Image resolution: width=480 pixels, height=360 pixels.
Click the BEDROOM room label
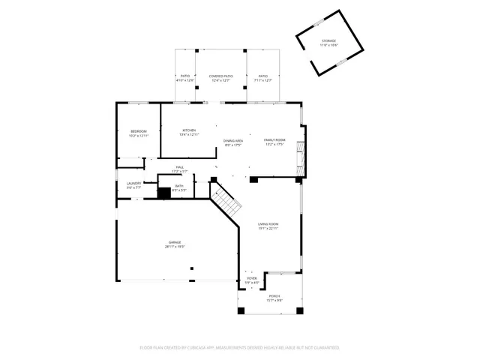[x=139, y=131]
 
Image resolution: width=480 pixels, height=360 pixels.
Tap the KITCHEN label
[x=189, y=130]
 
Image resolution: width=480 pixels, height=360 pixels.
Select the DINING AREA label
[x=233, y=140]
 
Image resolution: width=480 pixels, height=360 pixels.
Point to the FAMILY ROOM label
[x=274, y=139]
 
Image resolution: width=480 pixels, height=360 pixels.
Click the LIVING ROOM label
[x=268, y=224]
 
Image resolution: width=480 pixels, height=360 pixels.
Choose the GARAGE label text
[x=175, y=242]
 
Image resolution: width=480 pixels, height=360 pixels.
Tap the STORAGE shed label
[x=328, y=41]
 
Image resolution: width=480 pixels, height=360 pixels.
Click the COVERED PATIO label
[x=220, y=76]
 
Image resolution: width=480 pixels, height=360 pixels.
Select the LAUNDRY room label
[x=134, y=183]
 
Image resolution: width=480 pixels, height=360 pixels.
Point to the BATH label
[x=179, y=186]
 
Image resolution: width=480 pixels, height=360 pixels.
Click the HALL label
[x=180, y=167]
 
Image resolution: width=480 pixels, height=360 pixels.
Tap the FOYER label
[x=252, y=278]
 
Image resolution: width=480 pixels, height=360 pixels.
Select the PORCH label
[x=274, y=296]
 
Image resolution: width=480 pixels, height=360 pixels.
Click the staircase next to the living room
[x=224, y=199]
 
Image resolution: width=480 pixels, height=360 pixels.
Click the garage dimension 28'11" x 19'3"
[x=175, y=246]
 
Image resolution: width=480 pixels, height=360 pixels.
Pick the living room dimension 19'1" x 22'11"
[x=268, y=228]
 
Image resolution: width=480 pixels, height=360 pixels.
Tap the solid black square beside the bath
[x=163, y=193]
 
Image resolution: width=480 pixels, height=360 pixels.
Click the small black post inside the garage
[x=191, y=268]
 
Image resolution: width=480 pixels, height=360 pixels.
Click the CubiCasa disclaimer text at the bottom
[x=240, y=347]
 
